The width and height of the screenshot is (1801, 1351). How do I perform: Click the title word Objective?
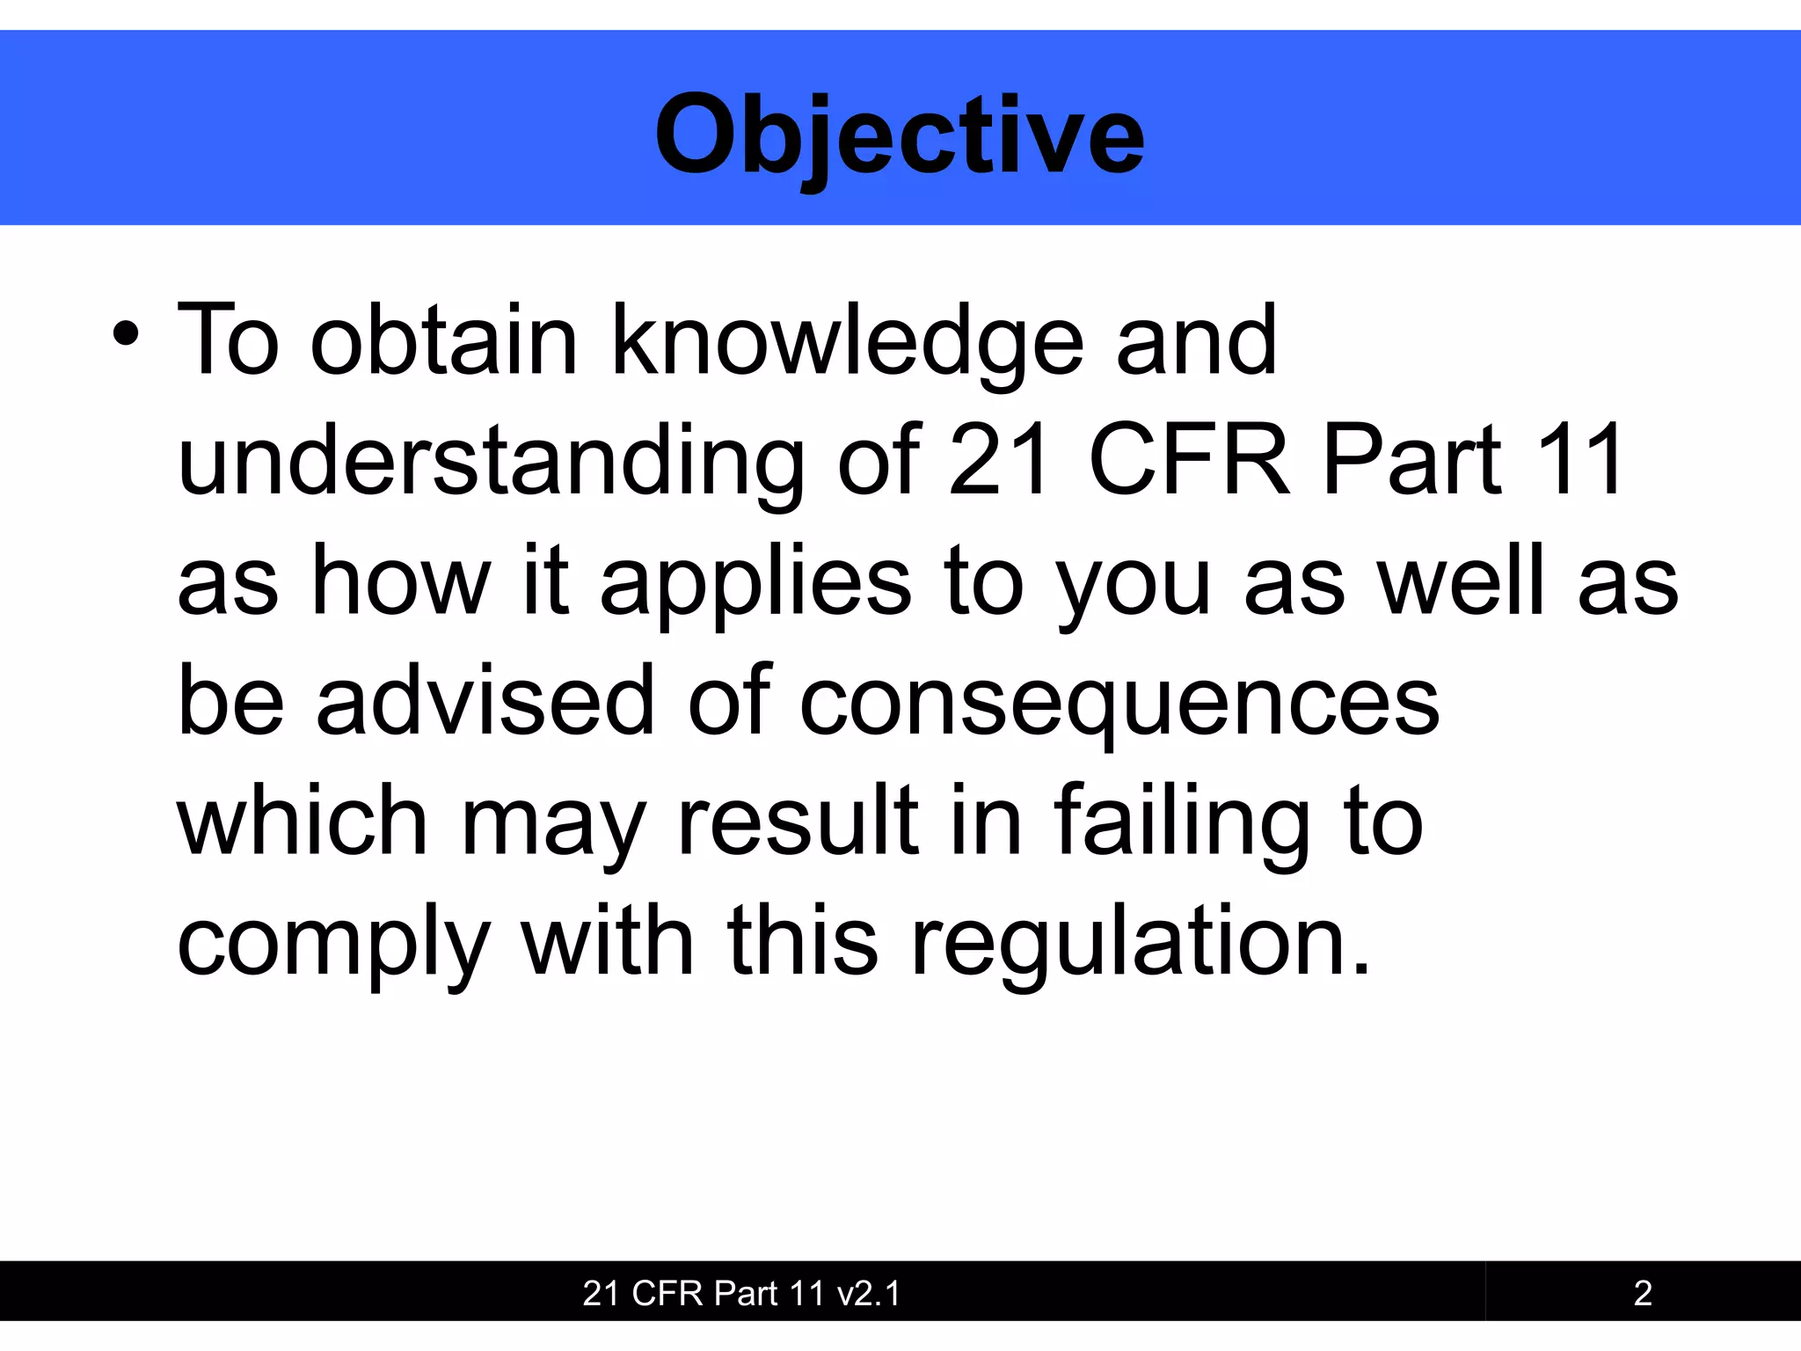(900, 136)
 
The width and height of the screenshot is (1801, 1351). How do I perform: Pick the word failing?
(1181, 822)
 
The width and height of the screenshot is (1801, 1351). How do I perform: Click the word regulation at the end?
(1140, 943)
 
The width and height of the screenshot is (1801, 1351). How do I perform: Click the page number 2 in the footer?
(1643, 1293)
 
